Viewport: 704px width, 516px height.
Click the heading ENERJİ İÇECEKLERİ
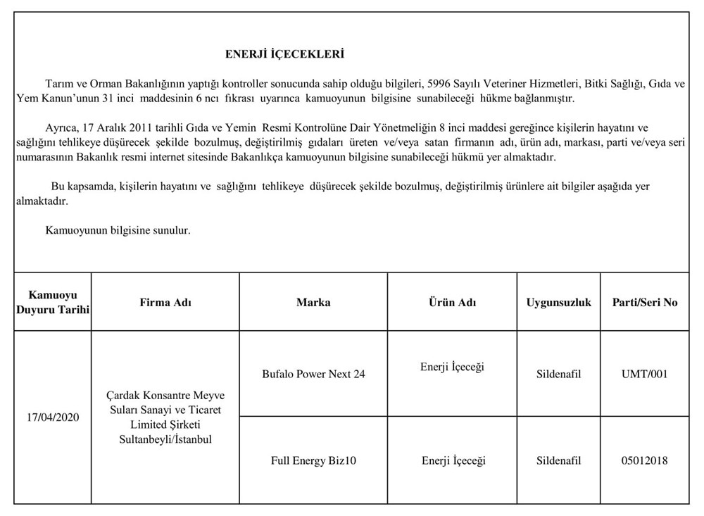pyautogui.click(x=284, y=54)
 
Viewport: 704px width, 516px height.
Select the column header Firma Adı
pyautogui.click(x=165, y=303)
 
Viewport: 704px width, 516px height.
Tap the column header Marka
pyautogui.click(x=313, y=303)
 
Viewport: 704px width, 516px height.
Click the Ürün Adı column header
pyautogui.click(x=453, y=303)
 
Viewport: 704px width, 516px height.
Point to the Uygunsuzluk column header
pyautogui.click(x=559, y=303)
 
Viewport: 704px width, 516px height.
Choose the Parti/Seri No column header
pyautogui.click(x=645, y=303)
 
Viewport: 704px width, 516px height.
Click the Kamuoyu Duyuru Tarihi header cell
pyautogui.click(x=53, y=303)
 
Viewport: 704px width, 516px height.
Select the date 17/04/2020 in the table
pyautogui.click(x=53, y=417)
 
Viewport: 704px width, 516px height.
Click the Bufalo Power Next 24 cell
pyautogui.click(x=313, y=374)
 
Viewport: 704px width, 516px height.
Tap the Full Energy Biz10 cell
pyautogui.click(x=313, y=461)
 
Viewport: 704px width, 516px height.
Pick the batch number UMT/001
pyautogui.click(x=645, y=374)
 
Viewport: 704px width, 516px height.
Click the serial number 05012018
pyautogui.click(x=645, y=461)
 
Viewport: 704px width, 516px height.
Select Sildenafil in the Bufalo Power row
pyautogui.click(x=559, y=374)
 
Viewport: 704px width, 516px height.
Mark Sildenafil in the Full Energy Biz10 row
pyautogui.click(x=559, y=461)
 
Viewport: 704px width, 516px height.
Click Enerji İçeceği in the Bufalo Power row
pyautogui.click(x=453, y=367)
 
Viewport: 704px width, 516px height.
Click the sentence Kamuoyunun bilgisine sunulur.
pyautogui.click(x=118, y=230)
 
